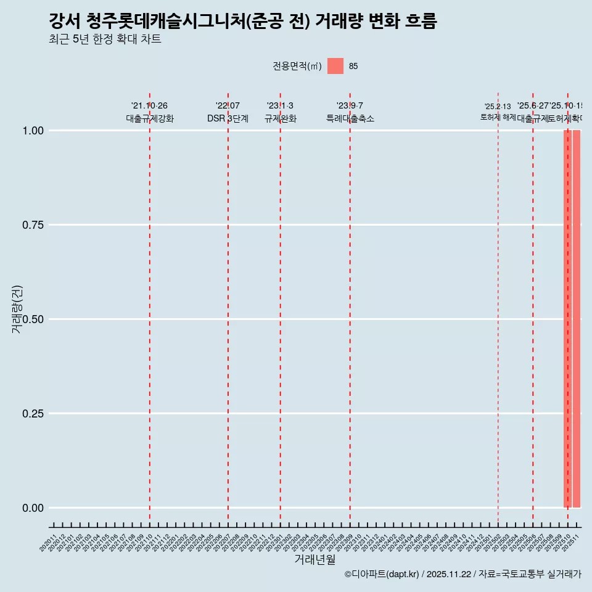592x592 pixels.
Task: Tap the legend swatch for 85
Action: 335,66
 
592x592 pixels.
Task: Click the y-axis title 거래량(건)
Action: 17,310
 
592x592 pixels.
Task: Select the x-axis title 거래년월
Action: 315,559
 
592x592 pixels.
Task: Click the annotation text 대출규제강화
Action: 150,119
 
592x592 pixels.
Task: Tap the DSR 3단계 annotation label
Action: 228,119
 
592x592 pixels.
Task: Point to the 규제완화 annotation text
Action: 281,119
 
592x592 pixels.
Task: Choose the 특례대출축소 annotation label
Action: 350,119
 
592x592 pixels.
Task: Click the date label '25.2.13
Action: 498,107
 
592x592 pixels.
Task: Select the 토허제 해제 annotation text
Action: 498,117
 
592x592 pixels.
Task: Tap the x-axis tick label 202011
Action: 48,543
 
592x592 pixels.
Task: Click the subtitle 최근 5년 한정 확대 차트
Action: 105,40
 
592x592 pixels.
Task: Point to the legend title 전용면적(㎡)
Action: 297,66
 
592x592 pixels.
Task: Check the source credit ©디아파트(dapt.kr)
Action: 382,574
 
